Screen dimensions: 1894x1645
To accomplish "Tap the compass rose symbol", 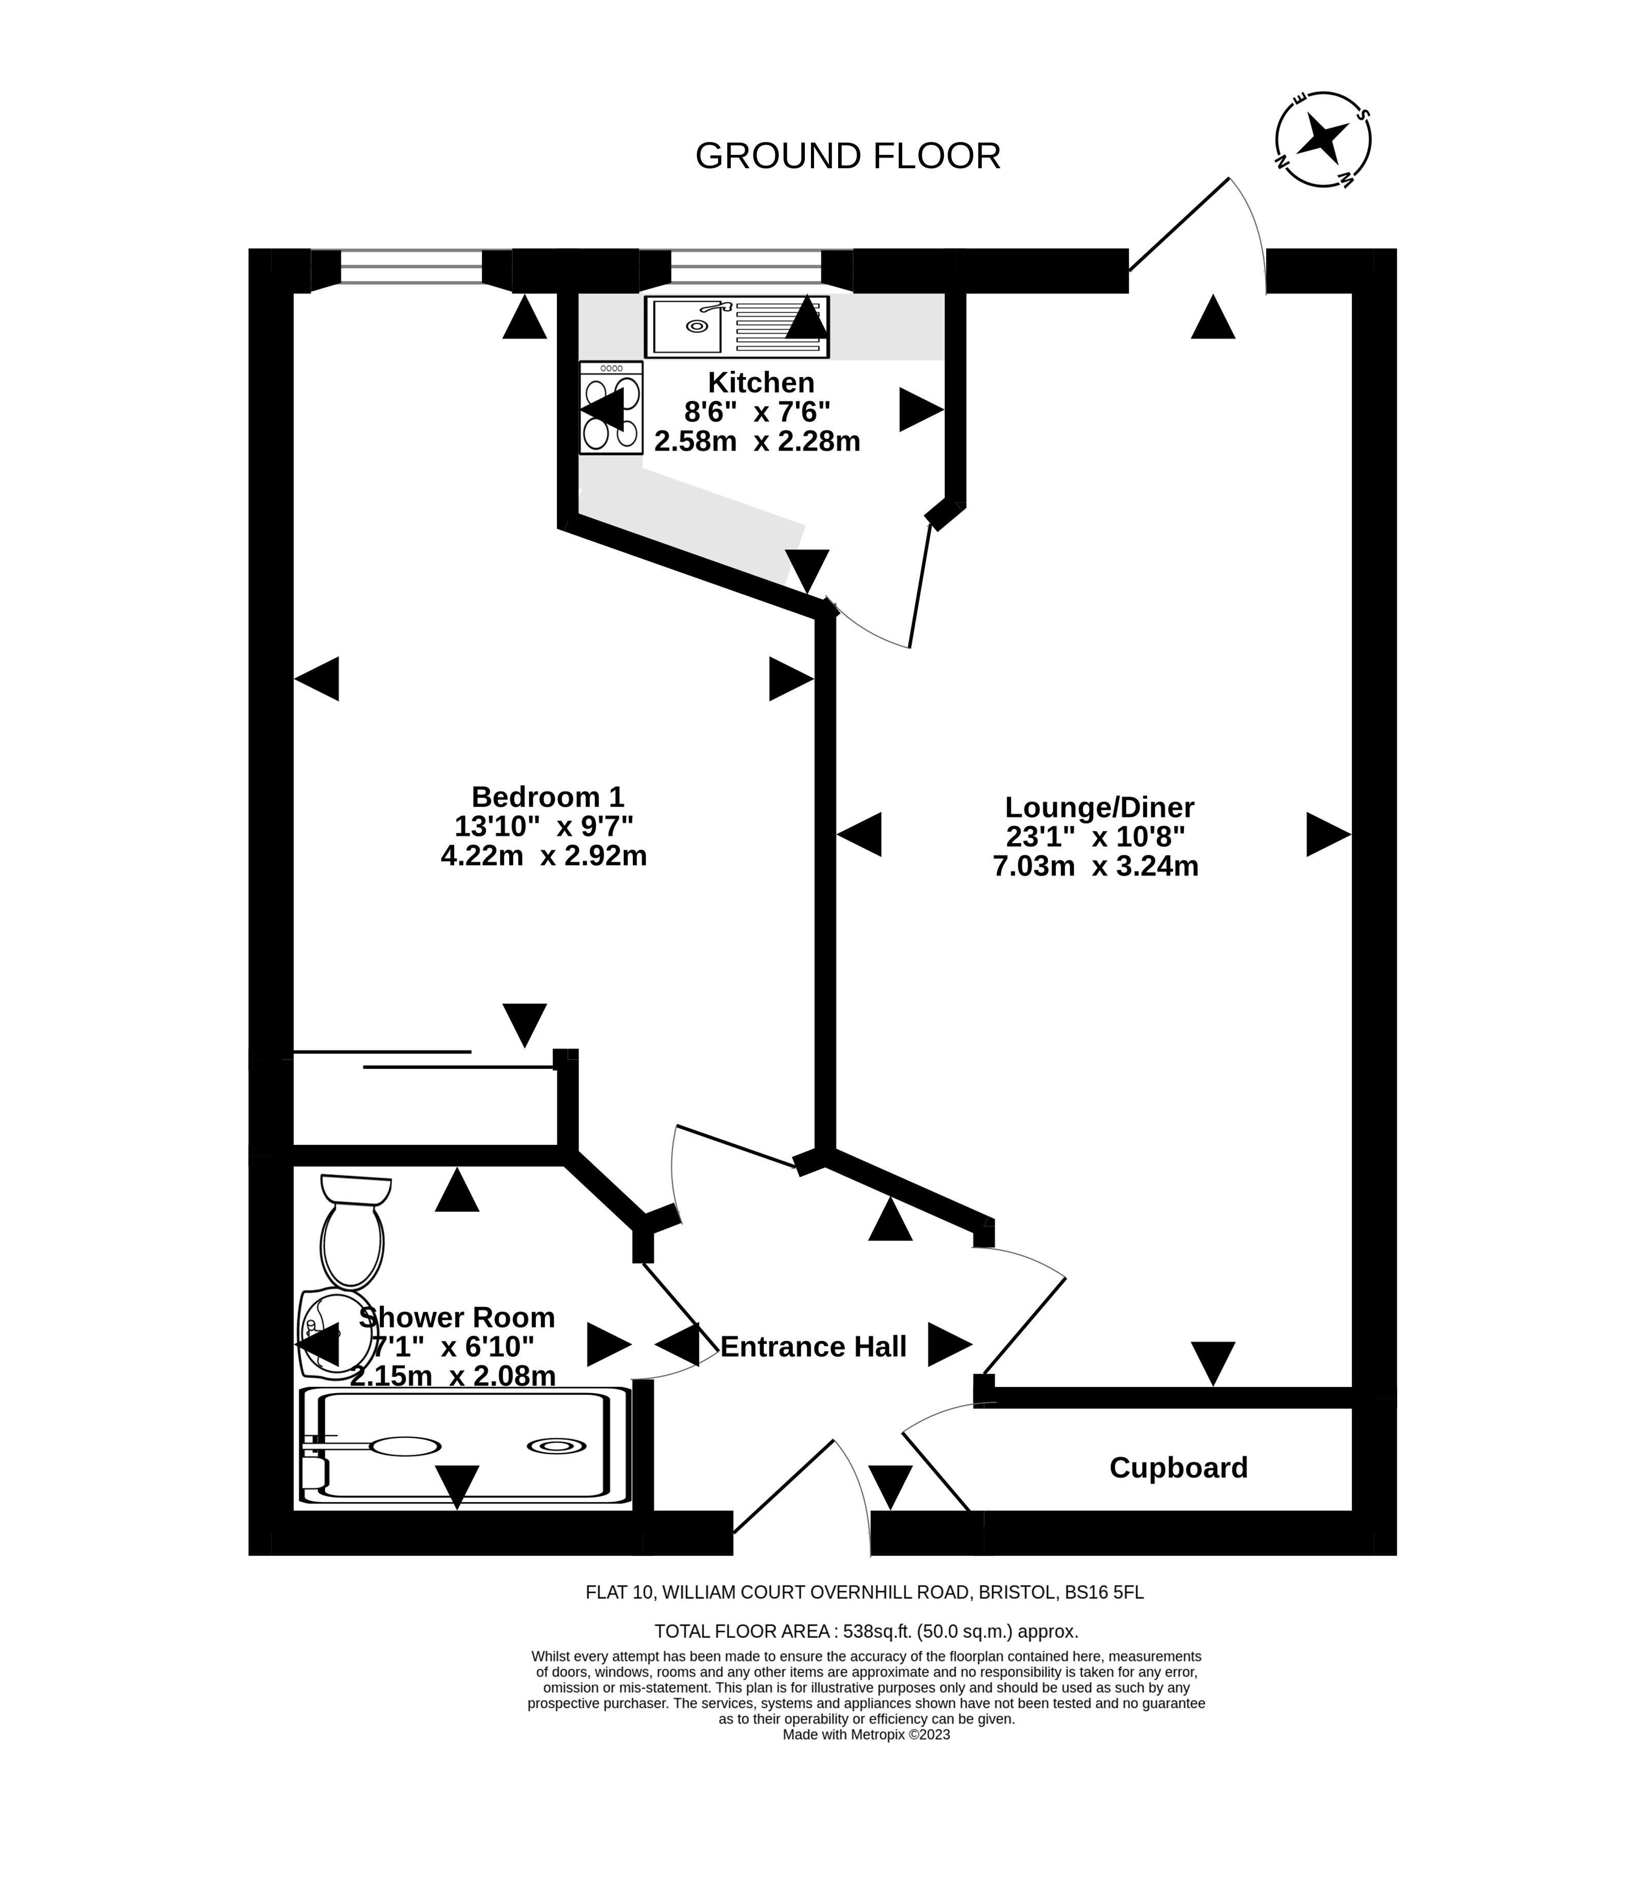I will coord(1323,140).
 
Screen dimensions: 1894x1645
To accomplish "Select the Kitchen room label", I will coord(760,382).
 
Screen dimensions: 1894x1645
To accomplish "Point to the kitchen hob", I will coord(610,407).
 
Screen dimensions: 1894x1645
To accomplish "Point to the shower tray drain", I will coord(556,1446).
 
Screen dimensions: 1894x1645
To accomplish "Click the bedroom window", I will coord(411,267).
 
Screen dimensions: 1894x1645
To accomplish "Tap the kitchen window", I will coord(745,267).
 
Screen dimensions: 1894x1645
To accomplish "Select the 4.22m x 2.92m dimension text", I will coord(544,855).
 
